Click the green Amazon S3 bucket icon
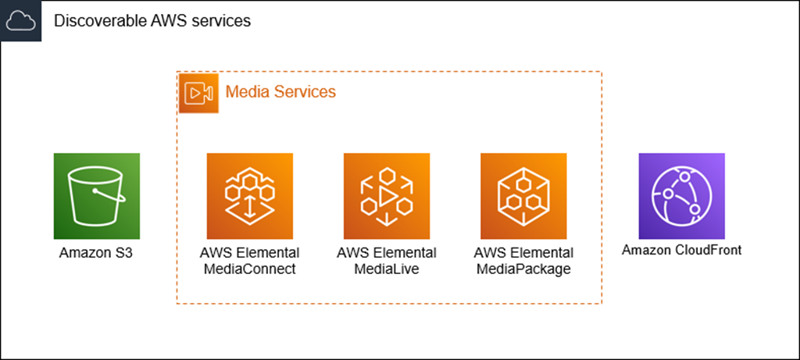coord(97,196)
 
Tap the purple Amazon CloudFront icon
coord(681,196)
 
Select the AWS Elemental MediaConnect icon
coord(250,196)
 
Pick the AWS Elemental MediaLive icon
coord(387,196)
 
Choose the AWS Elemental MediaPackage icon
coord(523,196)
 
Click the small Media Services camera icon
coord(198,93)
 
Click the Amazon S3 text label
coord(96,254)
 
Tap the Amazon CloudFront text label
coord(681,251)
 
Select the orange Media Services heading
coord(280,92)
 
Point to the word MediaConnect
coord(249,269)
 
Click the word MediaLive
coord(387,269)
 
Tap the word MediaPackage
coord(523,269)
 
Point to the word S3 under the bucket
coord(123,254)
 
